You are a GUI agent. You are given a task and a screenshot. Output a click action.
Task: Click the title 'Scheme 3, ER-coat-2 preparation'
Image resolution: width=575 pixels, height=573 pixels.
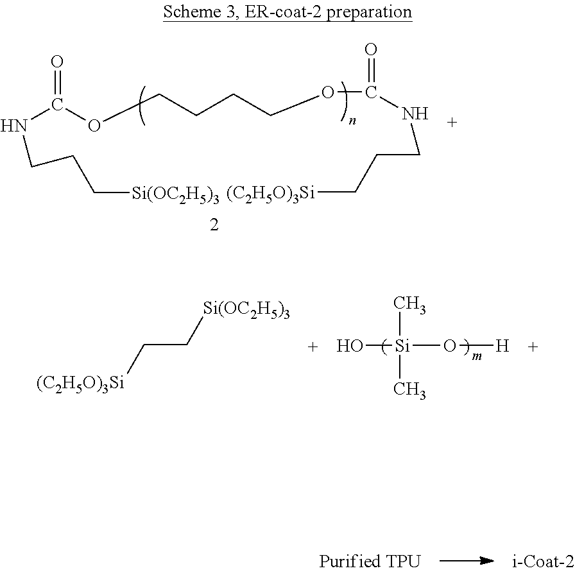click(287, 12)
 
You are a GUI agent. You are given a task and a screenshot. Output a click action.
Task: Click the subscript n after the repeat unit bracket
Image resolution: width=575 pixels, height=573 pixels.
click(352, 120)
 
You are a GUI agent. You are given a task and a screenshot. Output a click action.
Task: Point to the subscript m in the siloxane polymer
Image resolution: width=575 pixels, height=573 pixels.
click(476, 356)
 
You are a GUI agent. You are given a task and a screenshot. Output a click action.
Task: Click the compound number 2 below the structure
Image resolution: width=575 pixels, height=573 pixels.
click(214, 226)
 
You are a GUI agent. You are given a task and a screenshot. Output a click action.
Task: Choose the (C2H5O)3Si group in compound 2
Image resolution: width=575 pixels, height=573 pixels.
click(272, 193)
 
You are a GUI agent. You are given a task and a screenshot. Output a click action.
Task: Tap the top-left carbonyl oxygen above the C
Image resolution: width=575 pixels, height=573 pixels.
click(57, 62)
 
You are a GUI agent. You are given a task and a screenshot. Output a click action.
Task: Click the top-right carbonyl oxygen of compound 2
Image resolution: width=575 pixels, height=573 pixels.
click(370, 49)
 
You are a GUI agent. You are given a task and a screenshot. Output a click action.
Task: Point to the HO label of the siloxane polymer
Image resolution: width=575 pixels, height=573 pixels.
click(350, 347)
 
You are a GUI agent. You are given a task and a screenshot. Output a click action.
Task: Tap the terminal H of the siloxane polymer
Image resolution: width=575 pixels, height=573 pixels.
click(502, 347)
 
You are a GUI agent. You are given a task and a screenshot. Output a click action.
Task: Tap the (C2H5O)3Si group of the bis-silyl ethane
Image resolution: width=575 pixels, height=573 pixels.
click(80, 384)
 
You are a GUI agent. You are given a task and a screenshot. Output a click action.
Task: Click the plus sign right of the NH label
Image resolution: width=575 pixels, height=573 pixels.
click(452, 122)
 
